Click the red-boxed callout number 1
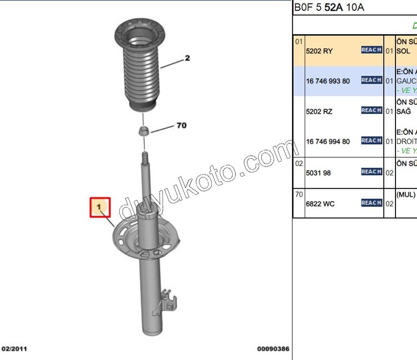point(100,207)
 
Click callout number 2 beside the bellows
point(187,58)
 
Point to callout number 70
point(181,126)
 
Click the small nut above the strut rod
point(144,131)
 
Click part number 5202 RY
point(319,51)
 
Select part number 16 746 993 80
point(328,81)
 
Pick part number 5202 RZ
point(319,111)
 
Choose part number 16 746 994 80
point(328,141)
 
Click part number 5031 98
point(319,172)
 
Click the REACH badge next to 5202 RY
point(371,50)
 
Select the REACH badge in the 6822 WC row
point(371,202)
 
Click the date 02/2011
point(14,349)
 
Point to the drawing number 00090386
point(273,349)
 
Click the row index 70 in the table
point(299,195)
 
